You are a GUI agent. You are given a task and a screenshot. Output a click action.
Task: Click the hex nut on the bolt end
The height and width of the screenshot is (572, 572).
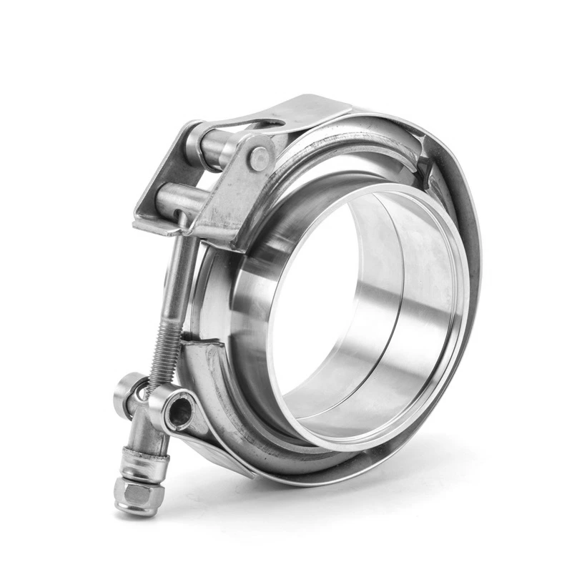click(131, 493)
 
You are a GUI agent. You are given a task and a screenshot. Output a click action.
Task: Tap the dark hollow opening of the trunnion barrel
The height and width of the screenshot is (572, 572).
click(180, 413)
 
